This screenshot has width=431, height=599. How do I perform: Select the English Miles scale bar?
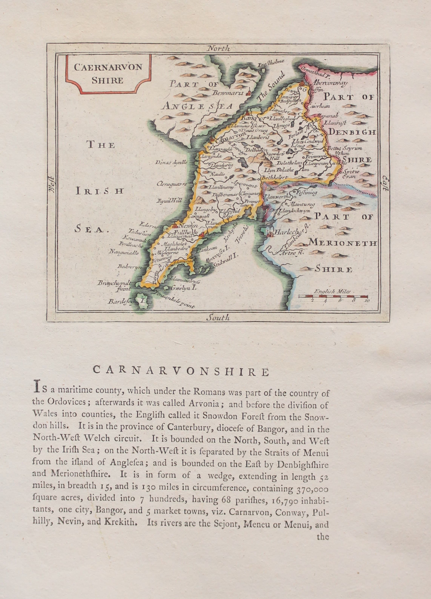point(333,297)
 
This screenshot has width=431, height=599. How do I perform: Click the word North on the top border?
point(219,48)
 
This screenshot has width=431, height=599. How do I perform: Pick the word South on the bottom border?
point(218,318)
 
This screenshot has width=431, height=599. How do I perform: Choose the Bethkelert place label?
point(274,178)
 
